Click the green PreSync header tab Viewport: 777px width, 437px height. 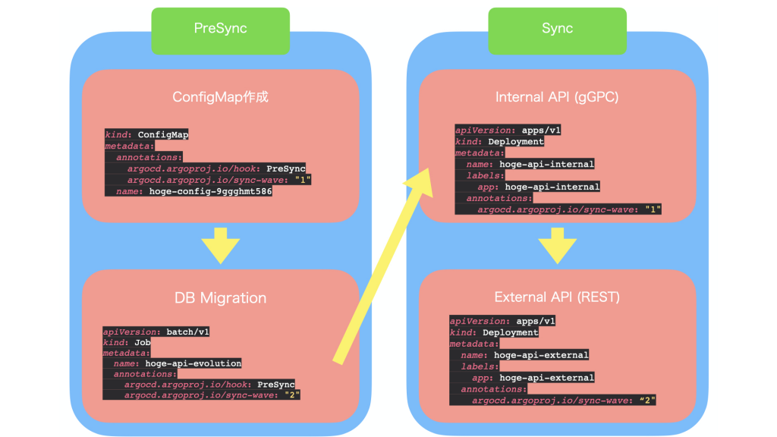click(220, 30)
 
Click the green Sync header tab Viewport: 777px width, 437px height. click(557, 30)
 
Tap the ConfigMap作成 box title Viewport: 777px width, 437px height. click(220, 97)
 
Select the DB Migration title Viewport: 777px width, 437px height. click(220, 298)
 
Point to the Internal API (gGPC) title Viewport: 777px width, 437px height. click(557, 97)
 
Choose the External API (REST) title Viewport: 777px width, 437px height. click(557, 297)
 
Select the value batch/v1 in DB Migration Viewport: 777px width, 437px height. click(188, 332)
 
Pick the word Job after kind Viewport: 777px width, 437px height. click(142, 342)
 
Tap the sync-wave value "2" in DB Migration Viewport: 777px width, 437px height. click(292, 395)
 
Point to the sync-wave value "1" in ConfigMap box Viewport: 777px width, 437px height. click(304, 180)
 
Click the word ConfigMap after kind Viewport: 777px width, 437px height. click(163, 135)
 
